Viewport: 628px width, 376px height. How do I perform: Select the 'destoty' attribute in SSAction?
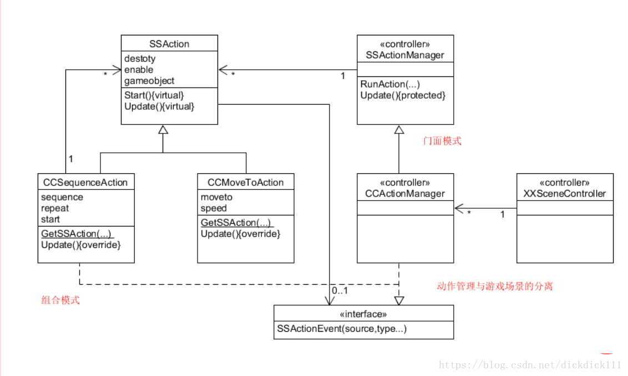coord(140,58)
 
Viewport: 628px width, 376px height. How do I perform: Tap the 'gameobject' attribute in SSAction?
coord(149,81)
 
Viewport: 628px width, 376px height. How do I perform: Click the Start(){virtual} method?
coord(154,95)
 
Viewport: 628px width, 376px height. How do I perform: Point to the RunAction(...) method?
coord(390,84)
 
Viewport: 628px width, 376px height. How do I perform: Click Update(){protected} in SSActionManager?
coord(403,95)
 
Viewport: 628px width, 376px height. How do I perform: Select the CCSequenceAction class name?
coord(85,182)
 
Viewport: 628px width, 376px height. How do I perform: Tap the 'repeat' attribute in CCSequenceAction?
coord(55,208)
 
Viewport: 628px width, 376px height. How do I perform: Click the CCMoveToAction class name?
coord(245,182)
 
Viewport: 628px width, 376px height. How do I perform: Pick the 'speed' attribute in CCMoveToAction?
coord(214,208)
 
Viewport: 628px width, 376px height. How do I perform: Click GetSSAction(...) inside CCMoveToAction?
coord(236,223)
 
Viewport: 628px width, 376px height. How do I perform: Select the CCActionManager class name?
coord(405,193)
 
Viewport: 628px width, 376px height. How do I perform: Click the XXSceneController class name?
coord(565,193)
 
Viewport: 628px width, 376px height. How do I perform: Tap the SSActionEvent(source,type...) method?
coord(342,329)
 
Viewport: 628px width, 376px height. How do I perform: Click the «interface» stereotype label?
coord(363,314)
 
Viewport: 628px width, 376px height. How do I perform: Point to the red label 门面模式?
coord(442,141)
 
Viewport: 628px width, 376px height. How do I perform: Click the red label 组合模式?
coord(60,301)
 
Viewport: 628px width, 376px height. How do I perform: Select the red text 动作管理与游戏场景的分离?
coord(494,286)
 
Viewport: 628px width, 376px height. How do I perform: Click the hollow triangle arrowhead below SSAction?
coord(163,130)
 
